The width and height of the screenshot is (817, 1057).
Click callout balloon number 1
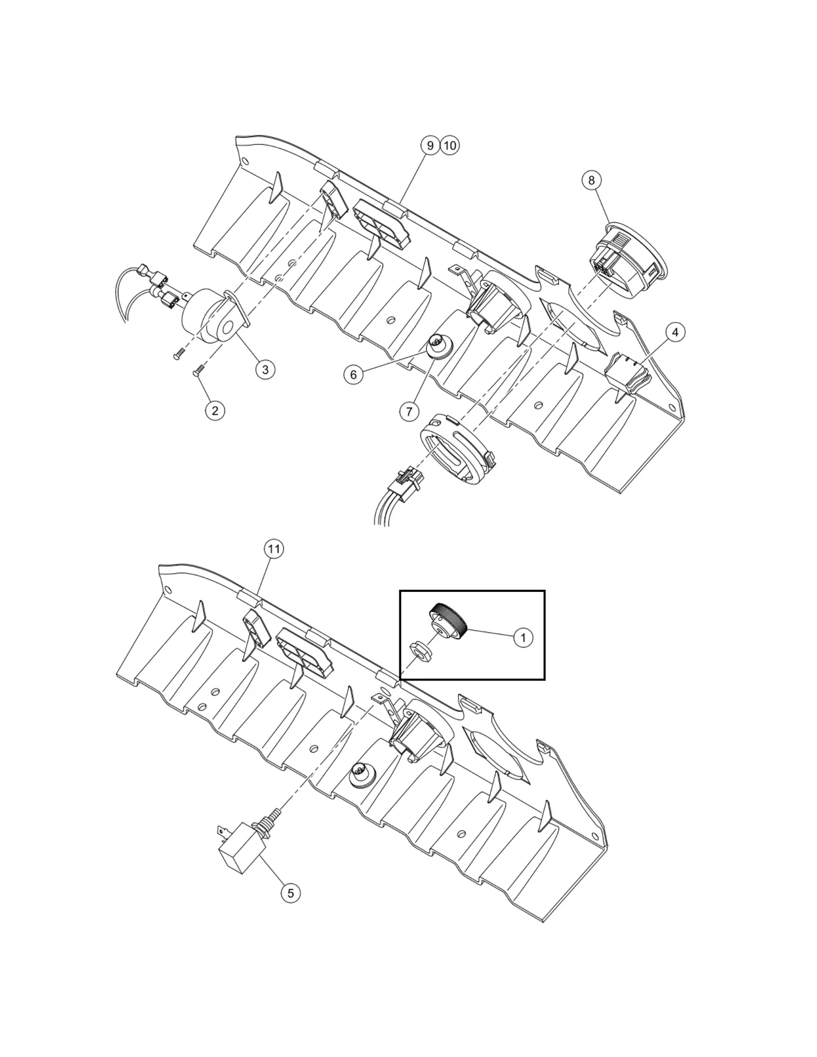coord(523,638)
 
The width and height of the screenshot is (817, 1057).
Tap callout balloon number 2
coord(215,410)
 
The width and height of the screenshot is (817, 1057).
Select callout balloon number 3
coord(265,369)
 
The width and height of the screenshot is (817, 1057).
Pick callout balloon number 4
coord(675,332)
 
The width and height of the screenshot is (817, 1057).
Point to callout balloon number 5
coord(290,892)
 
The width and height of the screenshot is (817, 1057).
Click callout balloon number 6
coord(353,375)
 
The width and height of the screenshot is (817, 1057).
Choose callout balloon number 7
coord(409,411)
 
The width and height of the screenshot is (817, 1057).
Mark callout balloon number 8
coord(592,180)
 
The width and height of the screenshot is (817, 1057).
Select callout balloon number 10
coord(450,145)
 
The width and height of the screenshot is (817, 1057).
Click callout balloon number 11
coord(274,549)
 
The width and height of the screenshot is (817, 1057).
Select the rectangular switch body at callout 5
coord(238,855)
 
